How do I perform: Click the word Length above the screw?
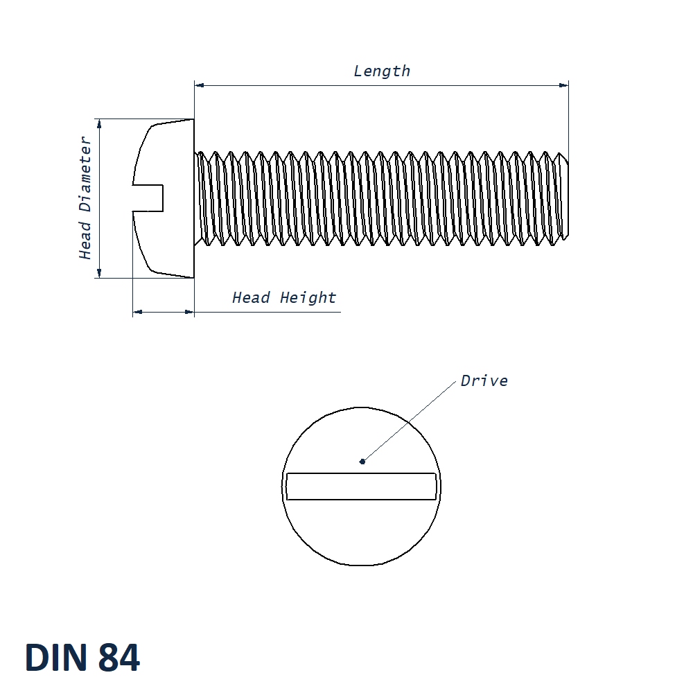coord(382,71)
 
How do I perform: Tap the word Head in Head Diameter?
coord(85,240)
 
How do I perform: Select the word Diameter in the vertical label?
coord(85,174)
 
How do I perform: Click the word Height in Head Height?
coord(308,298)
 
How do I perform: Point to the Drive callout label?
coord(484,380)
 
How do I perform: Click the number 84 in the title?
coord(119,658)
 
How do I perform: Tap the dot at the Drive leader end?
coord(362,460)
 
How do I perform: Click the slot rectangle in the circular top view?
coord(361,486)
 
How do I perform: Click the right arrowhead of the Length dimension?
coord(563,85)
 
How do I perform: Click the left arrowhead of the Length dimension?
coord(200,85)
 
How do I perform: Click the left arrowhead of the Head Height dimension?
coord(137,312)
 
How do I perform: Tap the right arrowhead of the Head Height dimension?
coord(189,312)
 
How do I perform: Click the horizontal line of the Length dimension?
coord(381,85)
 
